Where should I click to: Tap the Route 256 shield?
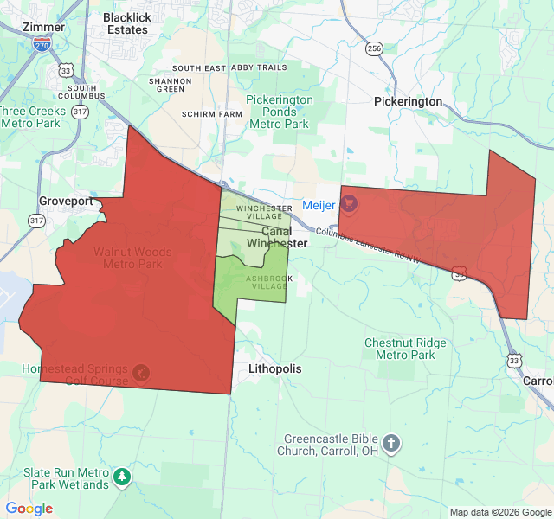[373, 49]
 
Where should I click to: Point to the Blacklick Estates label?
[126, 23]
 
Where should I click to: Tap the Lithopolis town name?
[275, 368]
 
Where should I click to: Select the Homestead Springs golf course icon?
[138, 374]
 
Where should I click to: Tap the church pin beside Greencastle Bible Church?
[391, 445]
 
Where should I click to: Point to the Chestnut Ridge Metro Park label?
[405, 349]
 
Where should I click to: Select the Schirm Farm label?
[213, 114]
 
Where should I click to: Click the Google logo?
[29, 509]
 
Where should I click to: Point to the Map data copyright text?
[499, 512]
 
